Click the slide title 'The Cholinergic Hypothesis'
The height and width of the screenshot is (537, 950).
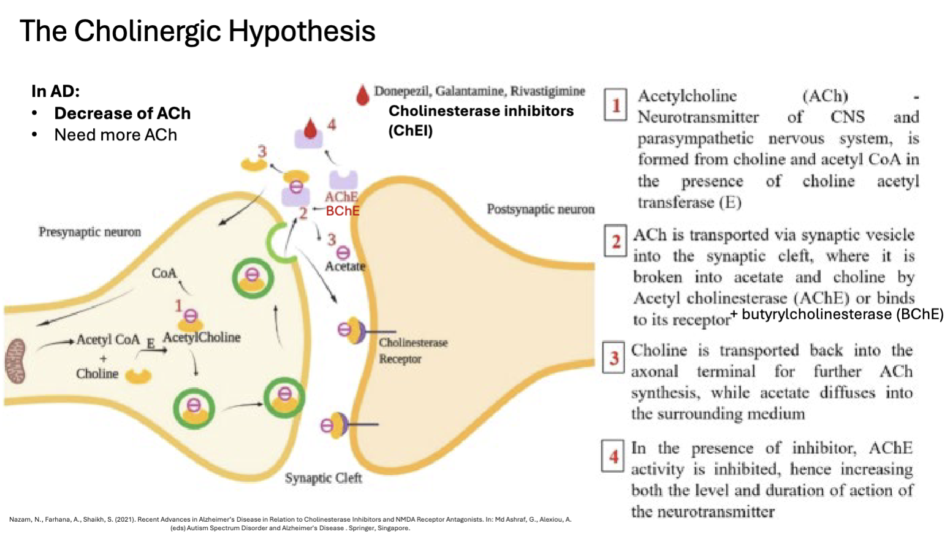[197, 31]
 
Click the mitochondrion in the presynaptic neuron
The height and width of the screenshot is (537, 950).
[16, 362]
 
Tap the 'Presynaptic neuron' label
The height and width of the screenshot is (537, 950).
[89, 232]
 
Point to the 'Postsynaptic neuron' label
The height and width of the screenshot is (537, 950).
[541, 210]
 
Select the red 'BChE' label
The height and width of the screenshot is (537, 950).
[343, 211]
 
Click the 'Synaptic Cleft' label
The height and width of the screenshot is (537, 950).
[323, 478]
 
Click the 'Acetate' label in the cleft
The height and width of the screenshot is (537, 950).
[345, 267]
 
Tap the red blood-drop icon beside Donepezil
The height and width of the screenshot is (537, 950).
[363, 95]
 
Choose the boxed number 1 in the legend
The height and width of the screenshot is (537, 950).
[615, 105]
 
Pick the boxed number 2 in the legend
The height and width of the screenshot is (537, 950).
[615, 241]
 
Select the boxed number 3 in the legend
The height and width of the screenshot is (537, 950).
[614, 357]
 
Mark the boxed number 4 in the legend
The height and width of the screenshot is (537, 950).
[613, 456]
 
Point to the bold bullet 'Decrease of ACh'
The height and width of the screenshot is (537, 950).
[122, 113]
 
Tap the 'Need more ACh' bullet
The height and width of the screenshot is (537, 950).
[115, 135]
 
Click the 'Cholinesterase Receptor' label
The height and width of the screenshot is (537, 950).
[412, 351]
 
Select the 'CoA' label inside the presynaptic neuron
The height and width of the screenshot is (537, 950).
[164, 273]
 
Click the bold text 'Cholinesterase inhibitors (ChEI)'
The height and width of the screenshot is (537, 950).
[481, 120]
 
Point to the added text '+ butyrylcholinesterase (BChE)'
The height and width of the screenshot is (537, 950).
[837, 314]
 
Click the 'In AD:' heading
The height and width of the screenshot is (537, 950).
[55, 91]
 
